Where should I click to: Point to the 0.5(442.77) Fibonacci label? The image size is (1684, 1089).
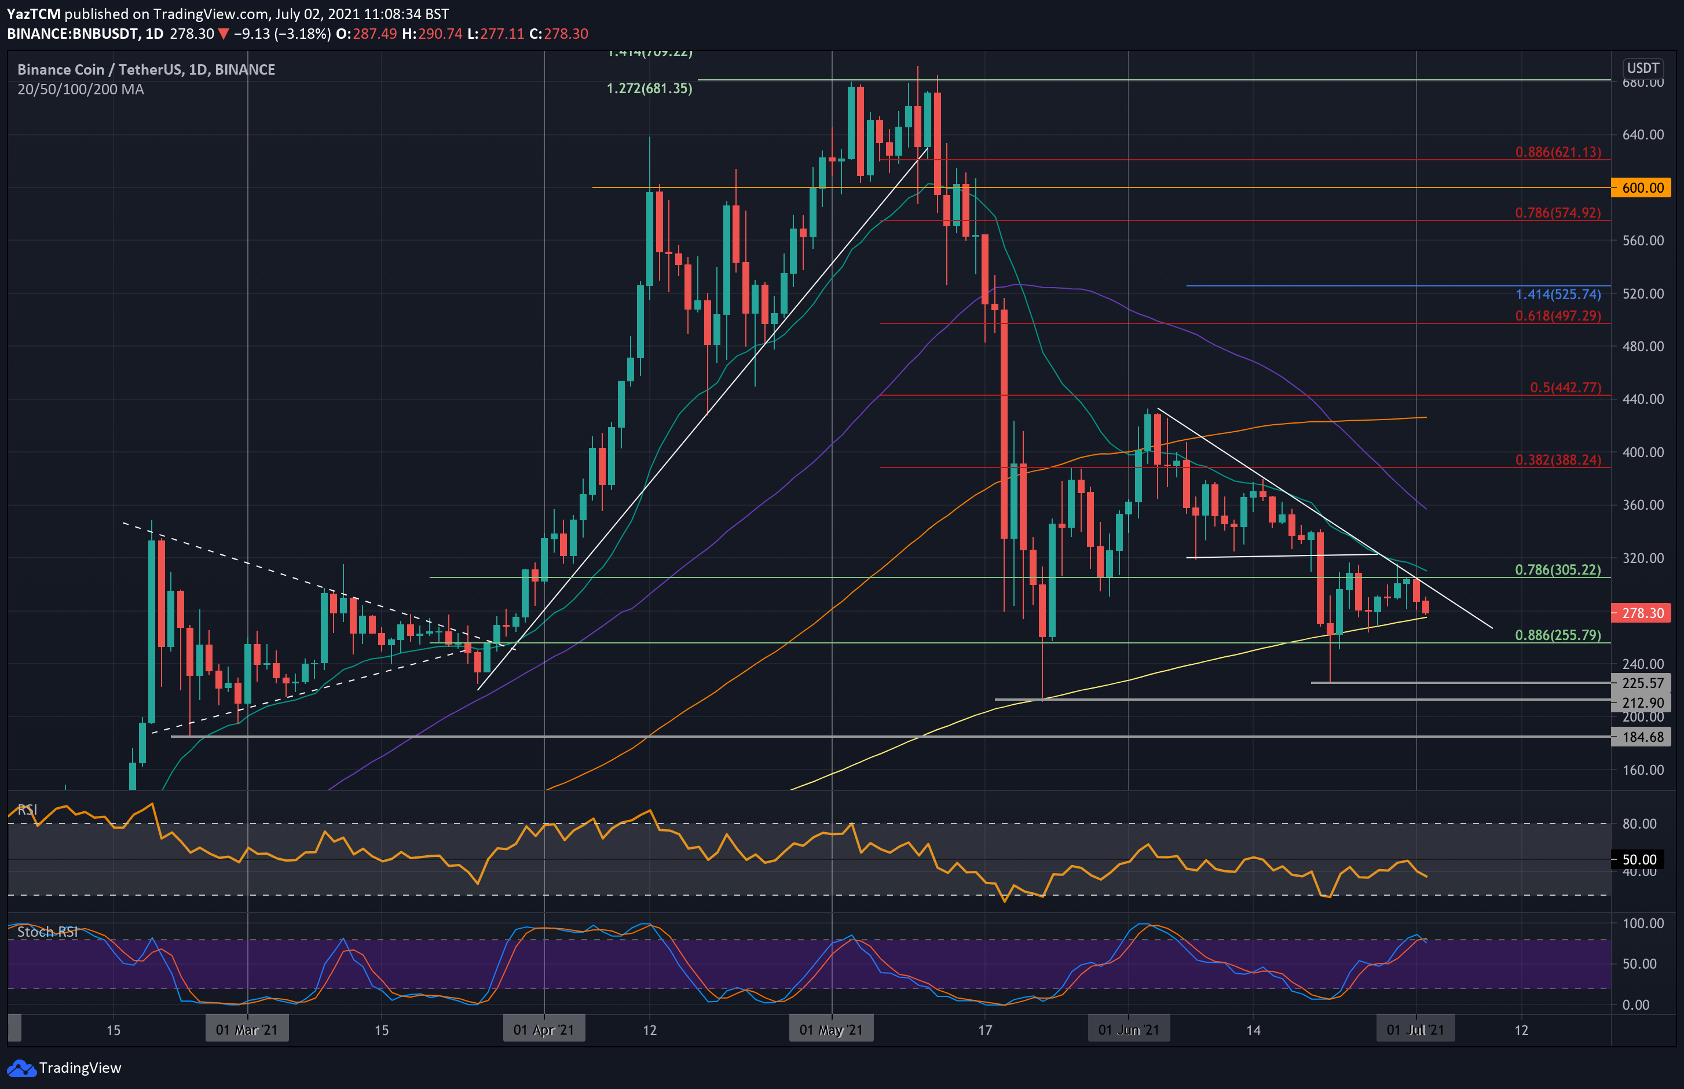coord(1565,388)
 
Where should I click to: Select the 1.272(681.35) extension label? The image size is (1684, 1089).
coord(649,89)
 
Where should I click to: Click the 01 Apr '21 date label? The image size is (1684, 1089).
coord(543,1029)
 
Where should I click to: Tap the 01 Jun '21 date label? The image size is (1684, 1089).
coord(1128,1029)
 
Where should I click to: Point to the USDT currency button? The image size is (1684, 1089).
coord(1642,68)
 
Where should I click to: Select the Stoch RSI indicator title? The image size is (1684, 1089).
coord(47,932)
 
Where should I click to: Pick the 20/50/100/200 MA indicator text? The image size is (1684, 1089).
coord(80,89)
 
